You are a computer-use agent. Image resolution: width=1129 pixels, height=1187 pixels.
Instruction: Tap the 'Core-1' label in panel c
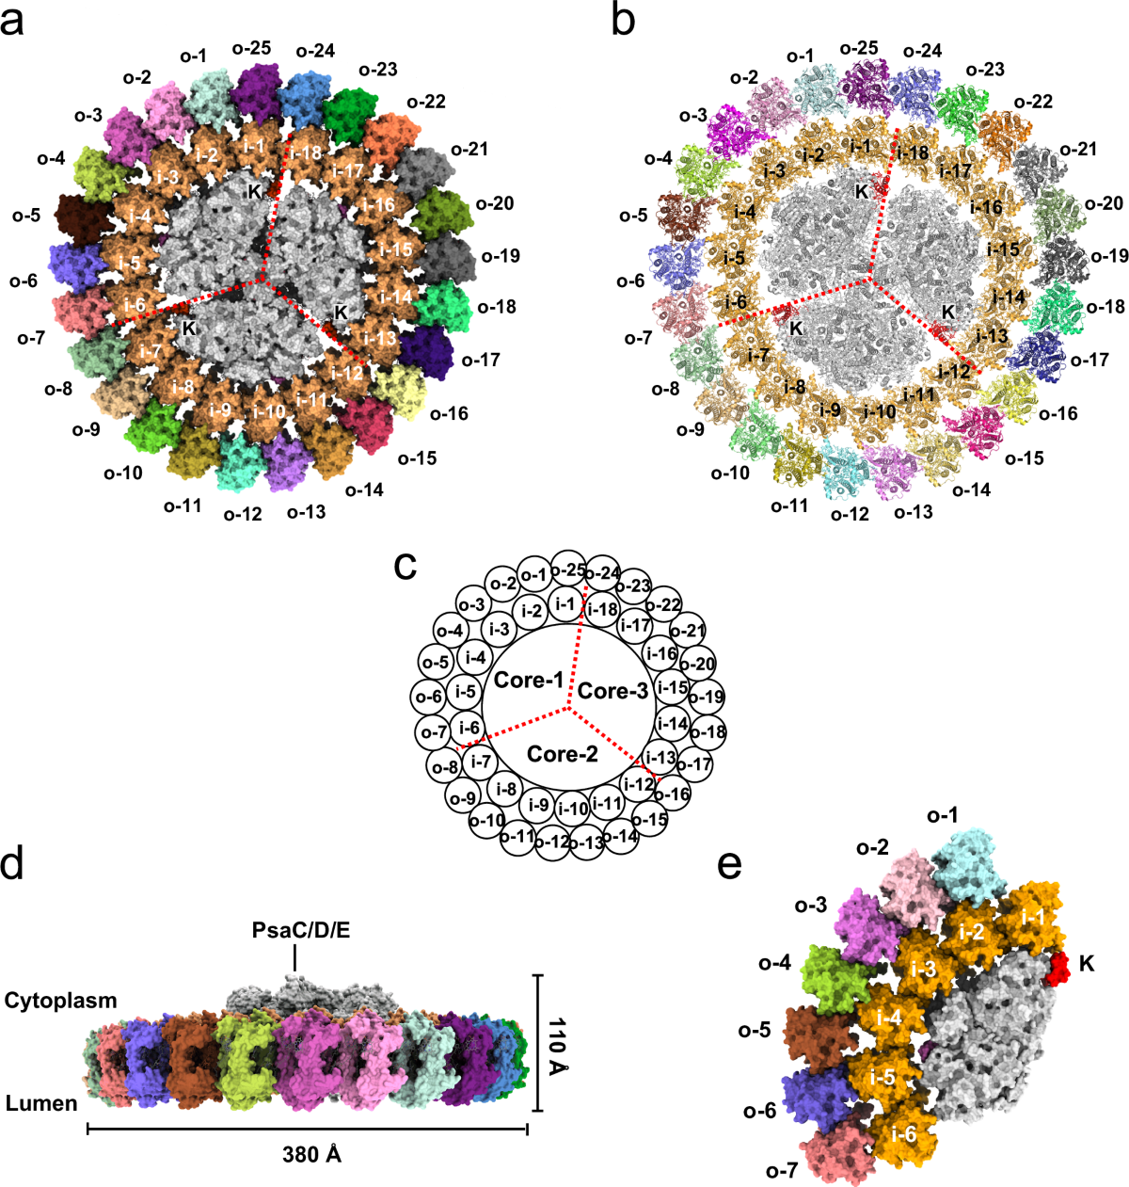pos(528,680)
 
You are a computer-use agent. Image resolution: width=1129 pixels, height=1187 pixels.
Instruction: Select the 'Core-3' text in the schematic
pos(613,692)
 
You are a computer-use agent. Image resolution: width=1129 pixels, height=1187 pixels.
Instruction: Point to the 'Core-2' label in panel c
pos(563,754)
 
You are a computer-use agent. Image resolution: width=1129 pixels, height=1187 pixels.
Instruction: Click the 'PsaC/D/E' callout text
pos(294,931)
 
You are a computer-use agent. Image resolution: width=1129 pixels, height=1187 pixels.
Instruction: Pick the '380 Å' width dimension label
pos(311,1154)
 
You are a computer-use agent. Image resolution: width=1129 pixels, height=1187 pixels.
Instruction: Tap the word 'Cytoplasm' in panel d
pos(61,1000)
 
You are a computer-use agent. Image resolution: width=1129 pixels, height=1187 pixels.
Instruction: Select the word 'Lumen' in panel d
pos(41,1102)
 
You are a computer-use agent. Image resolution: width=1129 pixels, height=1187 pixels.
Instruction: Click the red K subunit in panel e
pos(1060,968)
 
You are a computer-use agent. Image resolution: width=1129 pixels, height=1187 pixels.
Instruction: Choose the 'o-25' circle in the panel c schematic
pos(567,569)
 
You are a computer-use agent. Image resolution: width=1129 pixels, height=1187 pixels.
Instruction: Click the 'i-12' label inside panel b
pos(953,373)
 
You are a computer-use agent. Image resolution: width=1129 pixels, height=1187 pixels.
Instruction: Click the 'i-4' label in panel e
pos(889,1017)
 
